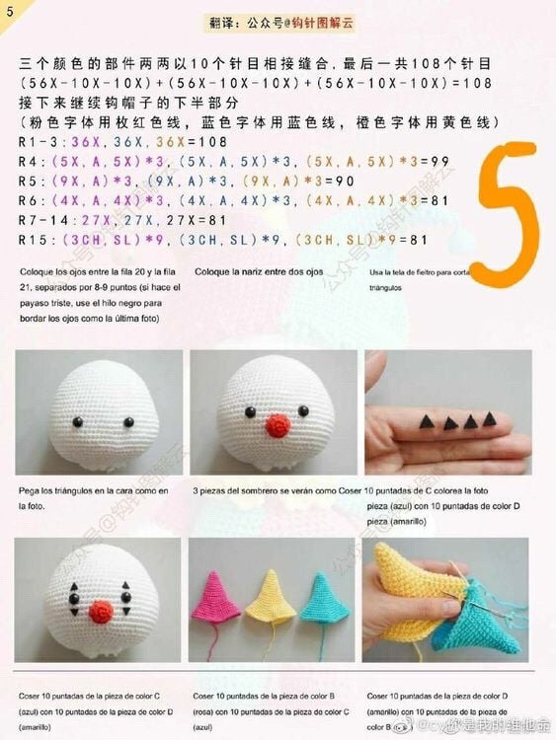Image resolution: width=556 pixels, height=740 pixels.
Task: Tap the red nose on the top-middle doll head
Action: tap(278, 425)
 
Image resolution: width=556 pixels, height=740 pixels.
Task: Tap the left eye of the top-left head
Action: tap(77, 421)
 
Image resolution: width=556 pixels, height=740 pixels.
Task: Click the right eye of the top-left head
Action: tap(128, 421)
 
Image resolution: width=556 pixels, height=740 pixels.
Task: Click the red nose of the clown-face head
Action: tap(100, 612)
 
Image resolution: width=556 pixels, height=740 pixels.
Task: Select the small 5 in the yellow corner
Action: tap(8, 11)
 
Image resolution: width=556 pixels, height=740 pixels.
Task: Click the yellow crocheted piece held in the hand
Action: tap(410, 592)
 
